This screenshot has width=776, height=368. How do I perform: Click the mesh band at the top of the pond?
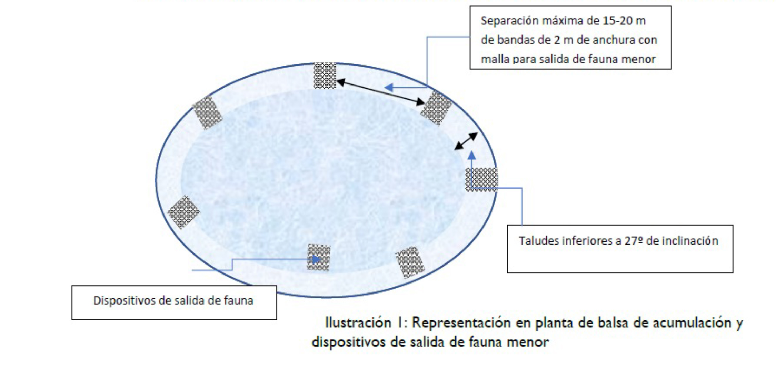[325, 76]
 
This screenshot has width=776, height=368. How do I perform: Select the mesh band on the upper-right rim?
[436, 108]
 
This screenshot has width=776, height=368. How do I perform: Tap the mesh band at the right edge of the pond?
[481, 179]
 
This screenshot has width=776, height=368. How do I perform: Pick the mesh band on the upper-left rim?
[207, 112]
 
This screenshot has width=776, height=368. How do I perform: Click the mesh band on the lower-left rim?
[183, 212]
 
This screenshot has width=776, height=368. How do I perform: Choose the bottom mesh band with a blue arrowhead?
[319, 257]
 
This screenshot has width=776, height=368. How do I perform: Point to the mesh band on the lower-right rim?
[410, 262]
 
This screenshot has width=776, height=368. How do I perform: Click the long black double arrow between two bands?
[380, 92]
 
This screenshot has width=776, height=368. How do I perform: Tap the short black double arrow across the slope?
[466, 141]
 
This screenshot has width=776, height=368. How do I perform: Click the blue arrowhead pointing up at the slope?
[471, 156]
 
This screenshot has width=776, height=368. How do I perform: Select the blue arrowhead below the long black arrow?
[389, 88]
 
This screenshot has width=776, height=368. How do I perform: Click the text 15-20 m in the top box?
[624, 21]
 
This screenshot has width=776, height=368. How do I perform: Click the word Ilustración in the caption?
[358, 323]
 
